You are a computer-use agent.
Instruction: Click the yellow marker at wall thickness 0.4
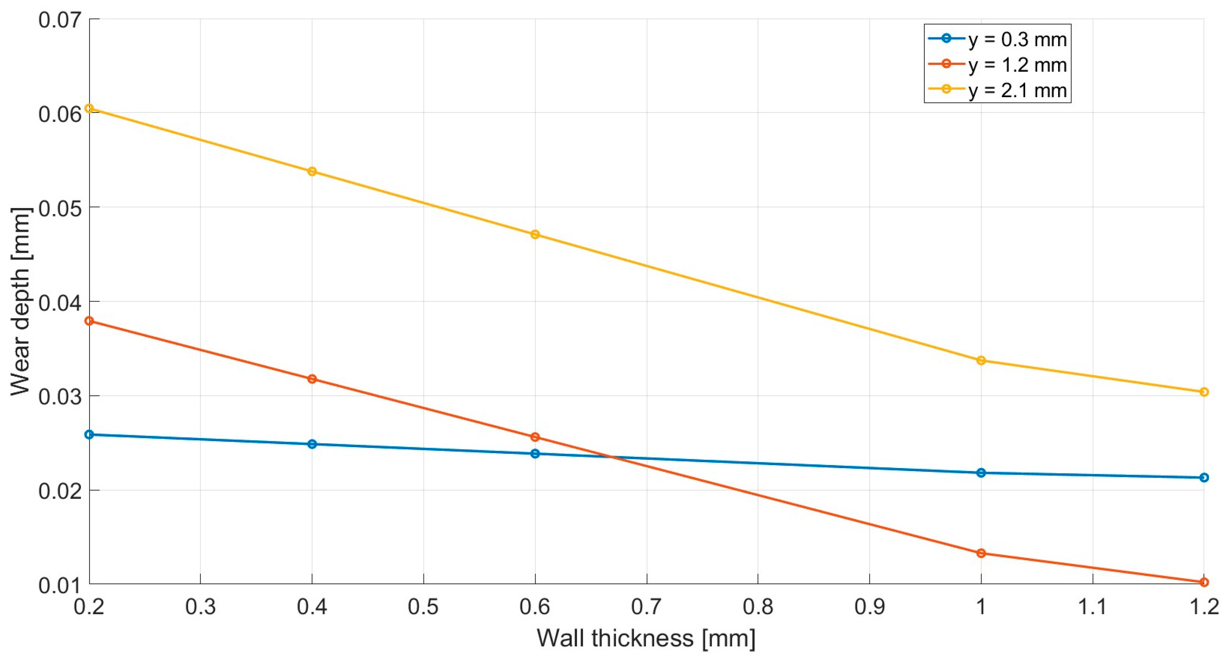pyautogui.click(x=312, y=171)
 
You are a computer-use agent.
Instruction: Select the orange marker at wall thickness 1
pyautogui.click(x=981, y=553)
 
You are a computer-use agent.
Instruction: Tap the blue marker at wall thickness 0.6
pyautogui.click(x=535, y=454)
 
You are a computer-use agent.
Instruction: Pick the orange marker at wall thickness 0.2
pyautogui.click(x=89, y=321)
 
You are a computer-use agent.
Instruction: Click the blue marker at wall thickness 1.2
pyautogui.click(x=1204, y=477)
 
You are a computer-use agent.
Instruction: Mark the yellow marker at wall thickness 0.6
pyautogui.click(x=535, y=235)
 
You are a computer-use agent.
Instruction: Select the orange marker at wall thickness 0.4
pyautogui.click(x=312, y=379)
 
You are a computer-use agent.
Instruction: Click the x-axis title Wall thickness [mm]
pyautogui.click(x=646, y=638)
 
